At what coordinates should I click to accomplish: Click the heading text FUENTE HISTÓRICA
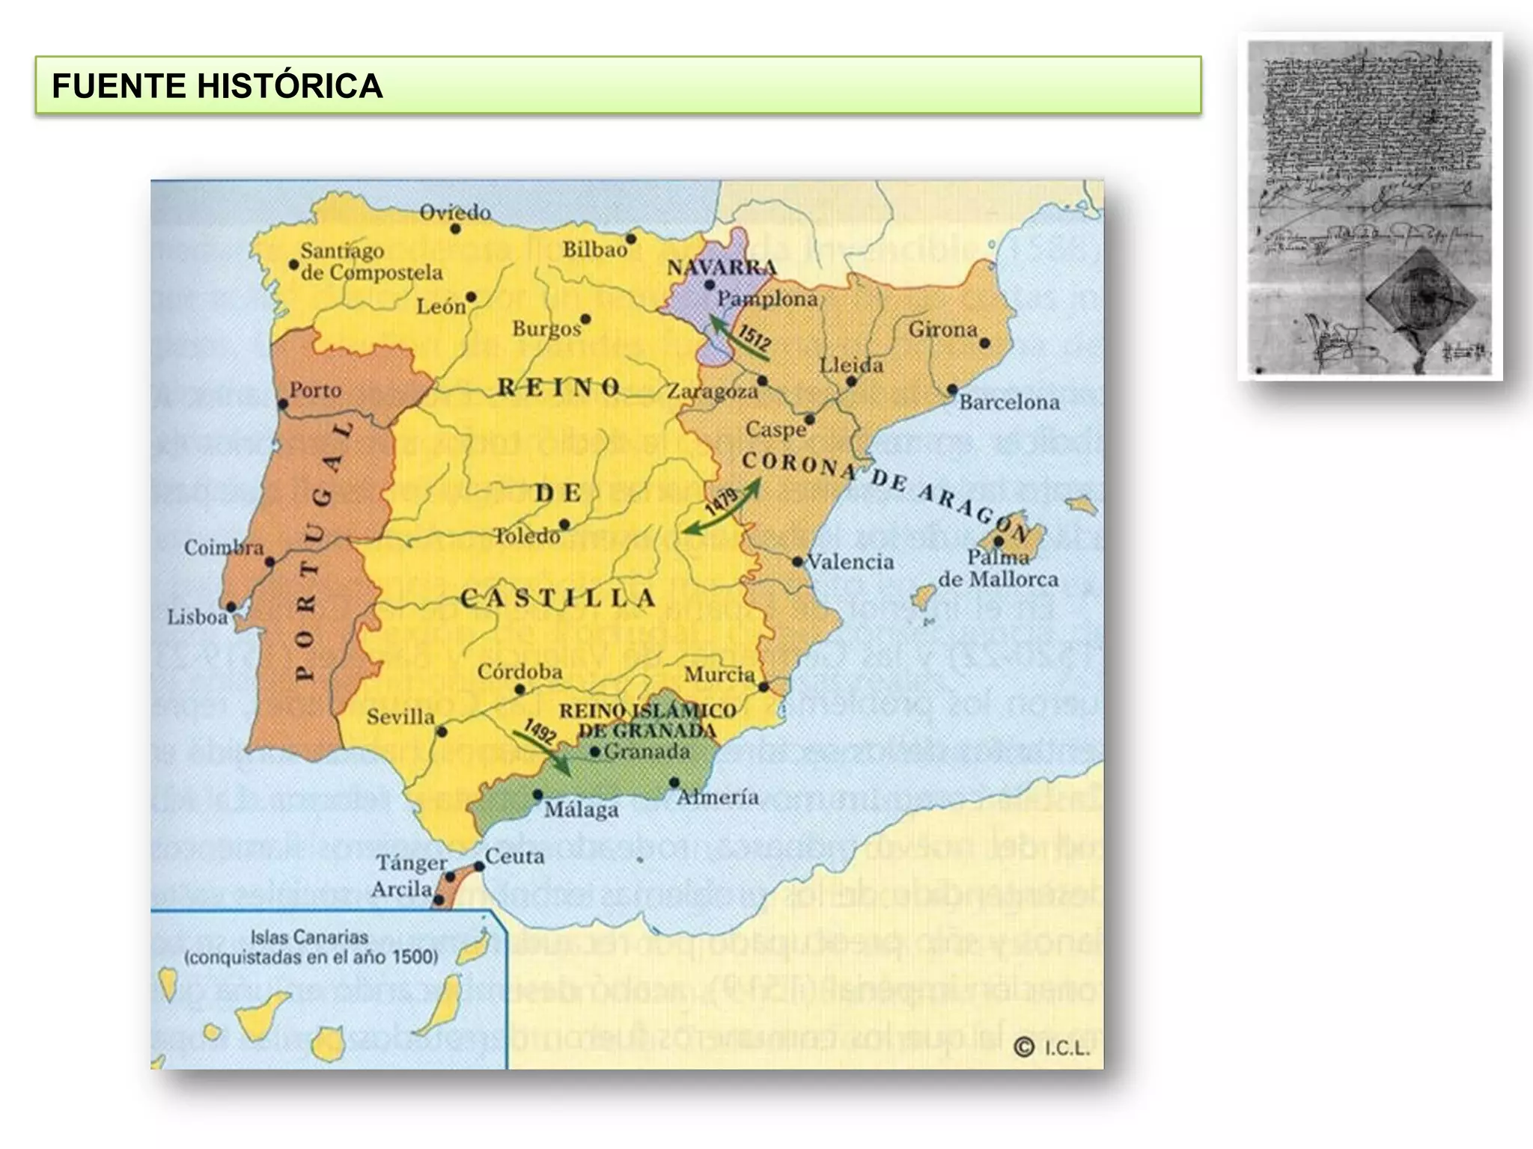point(217,86)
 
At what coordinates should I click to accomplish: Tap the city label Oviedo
point(454,213)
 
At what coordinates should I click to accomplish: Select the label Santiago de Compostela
point(371,262)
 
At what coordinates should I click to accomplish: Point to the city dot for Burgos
point(585,319)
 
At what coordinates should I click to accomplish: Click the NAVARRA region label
point(722,268)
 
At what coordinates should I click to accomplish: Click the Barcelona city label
point(1009,402)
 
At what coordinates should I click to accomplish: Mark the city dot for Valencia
point(798,561)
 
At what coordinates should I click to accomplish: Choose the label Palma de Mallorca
point(999,569)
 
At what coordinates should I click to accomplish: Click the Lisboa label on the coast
point(198,617)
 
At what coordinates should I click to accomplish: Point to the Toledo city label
point(527,536)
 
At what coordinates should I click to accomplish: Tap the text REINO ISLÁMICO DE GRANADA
point(647,720)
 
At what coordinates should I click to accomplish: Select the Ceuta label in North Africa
point(514,856)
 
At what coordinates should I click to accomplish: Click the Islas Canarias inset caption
point(310,947)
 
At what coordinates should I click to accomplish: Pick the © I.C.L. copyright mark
point(1052,1048)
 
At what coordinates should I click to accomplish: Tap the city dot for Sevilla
point(442,732)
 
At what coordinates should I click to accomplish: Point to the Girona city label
point(942,329)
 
